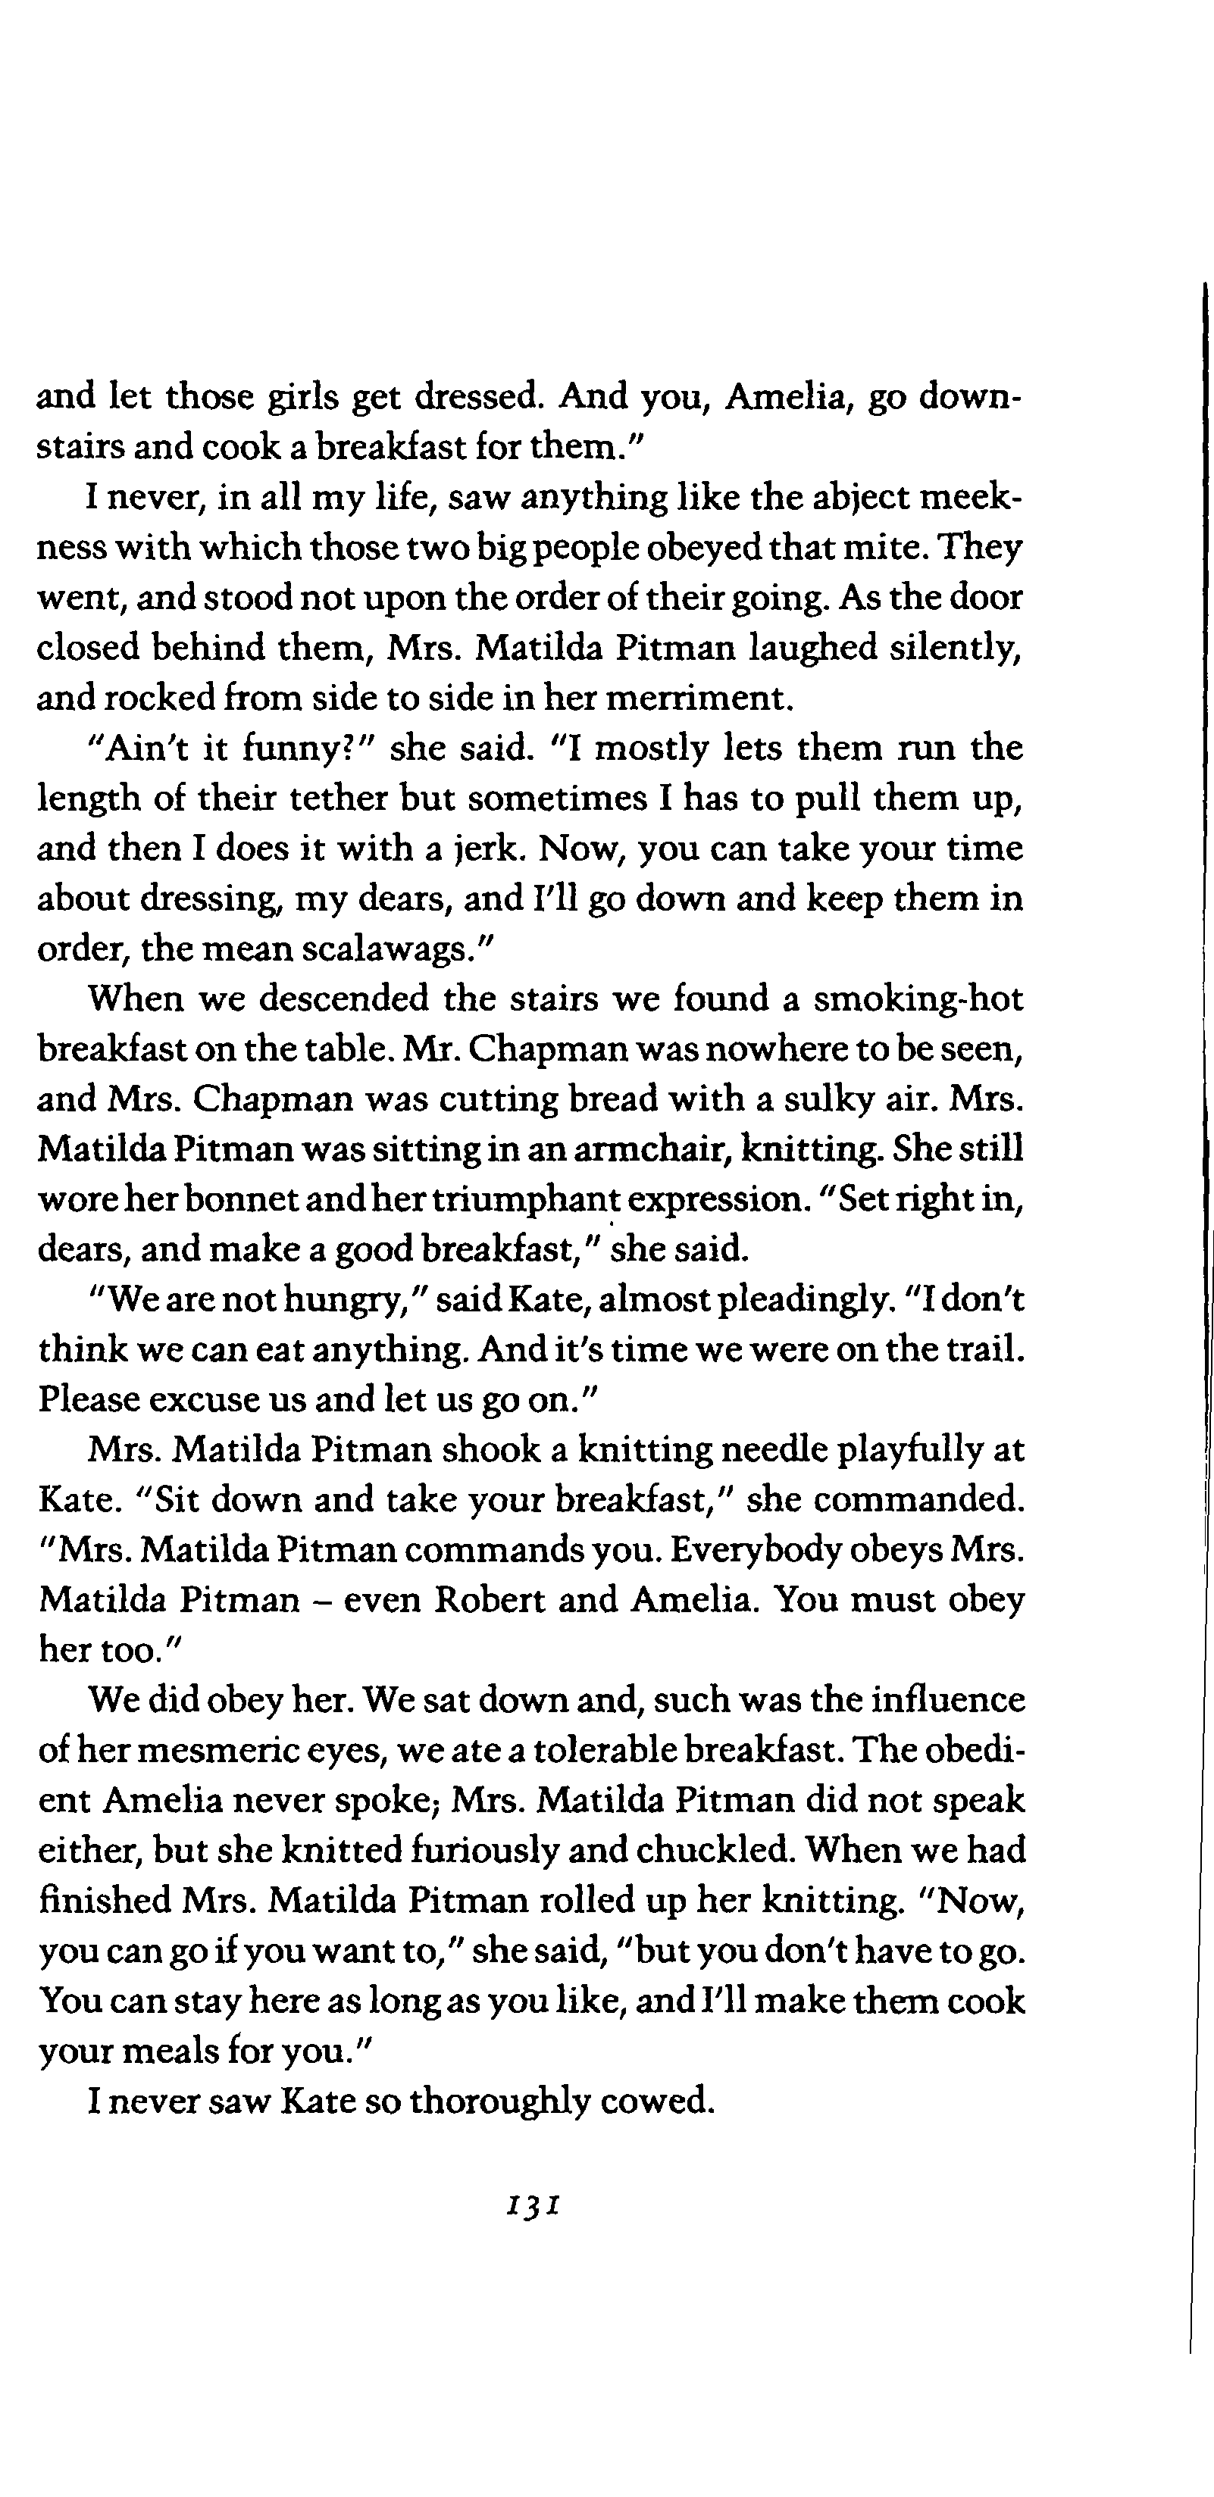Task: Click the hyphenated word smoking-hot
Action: click(918, 998)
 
